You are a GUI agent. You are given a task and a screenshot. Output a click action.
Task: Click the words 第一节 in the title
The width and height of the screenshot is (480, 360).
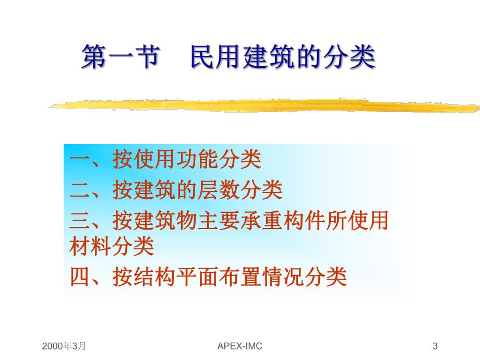119,57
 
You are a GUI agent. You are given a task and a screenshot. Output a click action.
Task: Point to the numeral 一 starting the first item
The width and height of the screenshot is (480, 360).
80,161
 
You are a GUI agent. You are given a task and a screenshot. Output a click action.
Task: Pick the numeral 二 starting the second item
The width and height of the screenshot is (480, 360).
80,191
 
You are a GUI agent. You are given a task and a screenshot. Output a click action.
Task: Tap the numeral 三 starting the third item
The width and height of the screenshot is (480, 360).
80,221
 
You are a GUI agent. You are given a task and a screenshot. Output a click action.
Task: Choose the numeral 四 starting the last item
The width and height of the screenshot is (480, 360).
80,277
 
